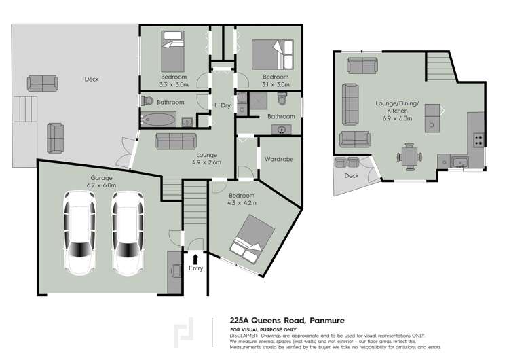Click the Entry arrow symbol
tap(195, 258)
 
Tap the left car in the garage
tap(79, 232)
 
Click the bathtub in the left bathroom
tap(161, 121)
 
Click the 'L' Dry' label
tap(221, 105)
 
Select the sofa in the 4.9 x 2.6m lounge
tap(177, 141)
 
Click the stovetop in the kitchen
tap(478, 140)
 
